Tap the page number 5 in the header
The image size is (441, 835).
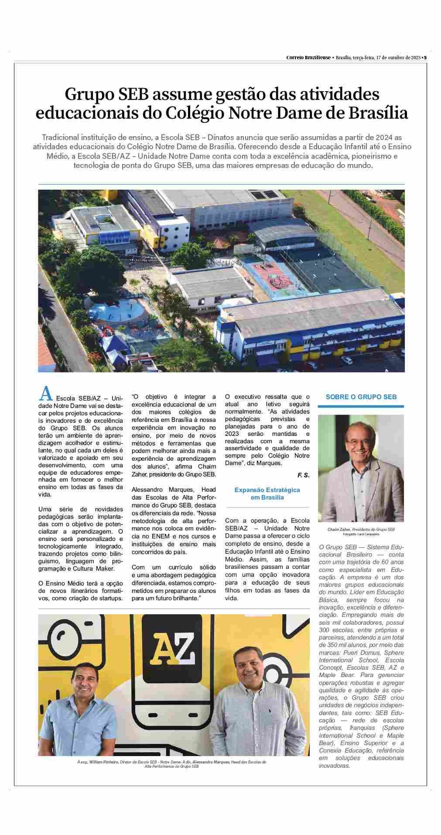click(425, 57)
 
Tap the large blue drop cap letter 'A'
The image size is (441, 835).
click(46, 394)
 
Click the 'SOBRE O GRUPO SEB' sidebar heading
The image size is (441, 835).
click(361, 397)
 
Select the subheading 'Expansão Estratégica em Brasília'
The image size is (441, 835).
click(267, 493)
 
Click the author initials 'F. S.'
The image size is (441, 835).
click(303, 475)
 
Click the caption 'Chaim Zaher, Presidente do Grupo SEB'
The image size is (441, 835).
click(361, 529)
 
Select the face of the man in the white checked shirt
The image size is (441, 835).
click(244, 657)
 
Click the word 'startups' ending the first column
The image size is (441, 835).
click(108, 598)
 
